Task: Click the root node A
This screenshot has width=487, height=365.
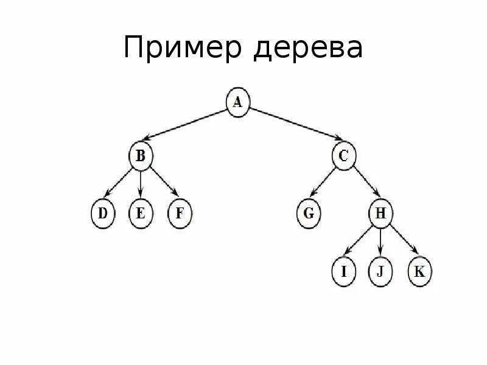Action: [x=238, y=102]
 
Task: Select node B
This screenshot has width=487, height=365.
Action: [x=141, y=156]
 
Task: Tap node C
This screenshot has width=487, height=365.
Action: [x=343, y=156]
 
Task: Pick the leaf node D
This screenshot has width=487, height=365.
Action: [x=102, y=214]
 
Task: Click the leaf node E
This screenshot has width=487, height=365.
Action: [x=141, y=214]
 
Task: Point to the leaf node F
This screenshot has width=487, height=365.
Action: [x=180, y=214]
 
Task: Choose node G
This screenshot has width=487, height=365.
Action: [x=309, y=214]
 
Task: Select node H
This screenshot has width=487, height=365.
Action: [x=381, y=214]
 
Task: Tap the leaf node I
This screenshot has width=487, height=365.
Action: [x=344, y=271]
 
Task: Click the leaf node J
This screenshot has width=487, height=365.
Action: [x=381, y=271]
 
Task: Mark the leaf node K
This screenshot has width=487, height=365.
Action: [x=419, y=271]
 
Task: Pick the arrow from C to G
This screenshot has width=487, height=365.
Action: [x=325, y=185]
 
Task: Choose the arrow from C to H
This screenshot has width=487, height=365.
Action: [x=363, y=185]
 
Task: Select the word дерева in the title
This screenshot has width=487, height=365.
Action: [x=310, y=49]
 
